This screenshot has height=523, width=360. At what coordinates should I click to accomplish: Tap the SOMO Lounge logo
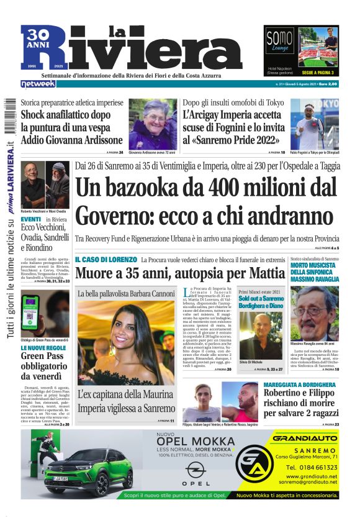(x=279, y=40)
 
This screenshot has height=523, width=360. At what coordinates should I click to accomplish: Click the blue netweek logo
(x=38, y=84)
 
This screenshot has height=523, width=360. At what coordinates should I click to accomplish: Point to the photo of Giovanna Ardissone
(x=153, y=124)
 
